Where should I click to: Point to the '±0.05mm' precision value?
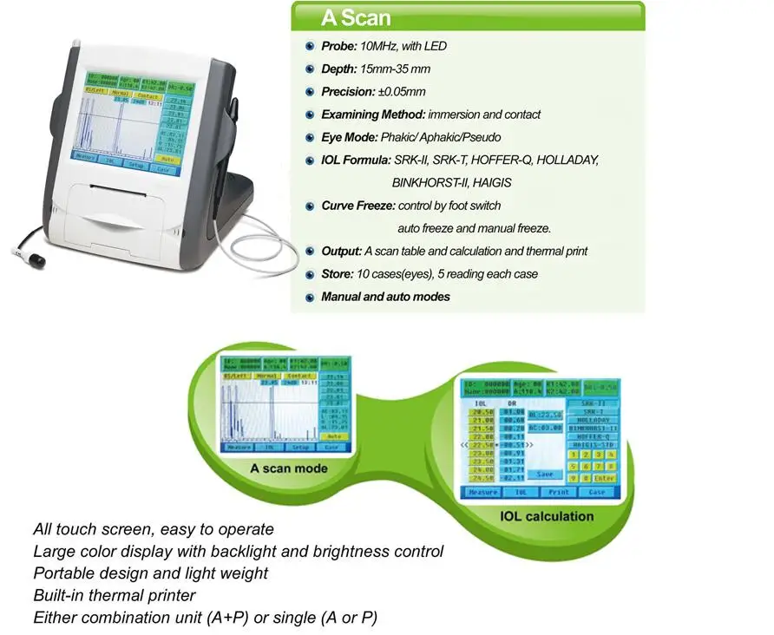click(x=404, y=91)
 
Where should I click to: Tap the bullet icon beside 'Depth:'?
click(x=310, y=69)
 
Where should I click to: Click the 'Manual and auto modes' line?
click(x=385, y=297)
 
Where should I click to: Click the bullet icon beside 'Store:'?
click(x=310, y=274)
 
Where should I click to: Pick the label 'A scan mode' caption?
click(x=289, y=468)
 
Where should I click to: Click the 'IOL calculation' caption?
click(x=547, y=516)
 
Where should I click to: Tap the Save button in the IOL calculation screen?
click(x=545, y=475)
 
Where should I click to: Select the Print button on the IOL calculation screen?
click(x=558, y=492)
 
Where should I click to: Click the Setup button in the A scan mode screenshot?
click(x=301, y=448)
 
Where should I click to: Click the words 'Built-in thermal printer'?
click(x=115, y=595)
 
